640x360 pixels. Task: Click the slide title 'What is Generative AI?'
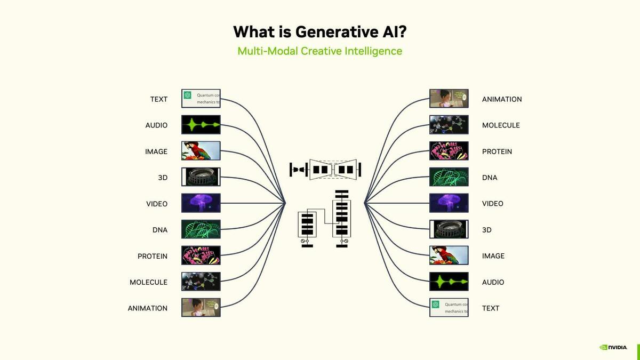319,31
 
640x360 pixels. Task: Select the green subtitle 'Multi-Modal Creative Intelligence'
319,51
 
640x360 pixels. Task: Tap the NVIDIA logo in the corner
613,347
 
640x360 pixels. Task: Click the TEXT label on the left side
158,99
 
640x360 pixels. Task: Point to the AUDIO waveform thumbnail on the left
201,125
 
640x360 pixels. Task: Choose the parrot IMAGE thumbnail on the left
201,151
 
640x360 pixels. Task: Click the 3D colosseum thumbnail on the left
201,177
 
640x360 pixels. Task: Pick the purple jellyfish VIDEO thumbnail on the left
201,203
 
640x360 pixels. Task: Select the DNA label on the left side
159,230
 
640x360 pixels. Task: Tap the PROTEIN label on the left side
152,256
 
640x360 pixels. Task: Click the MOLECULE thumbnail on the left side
201,282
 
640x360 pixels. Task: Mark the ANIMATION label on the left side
147,308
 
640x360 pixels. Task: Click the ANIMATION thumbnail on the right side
449,99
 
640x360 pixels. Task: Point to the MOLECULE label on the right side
500,125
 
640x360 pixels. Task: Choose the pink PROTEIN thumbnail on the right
449,151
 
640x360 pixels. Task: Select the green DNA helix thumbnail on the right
449,177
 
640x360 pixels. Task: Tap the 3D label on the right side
486,230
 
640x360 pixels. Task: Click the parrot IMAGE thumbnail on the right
449,255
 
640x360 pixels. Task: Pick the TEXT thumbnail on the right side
449,308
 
